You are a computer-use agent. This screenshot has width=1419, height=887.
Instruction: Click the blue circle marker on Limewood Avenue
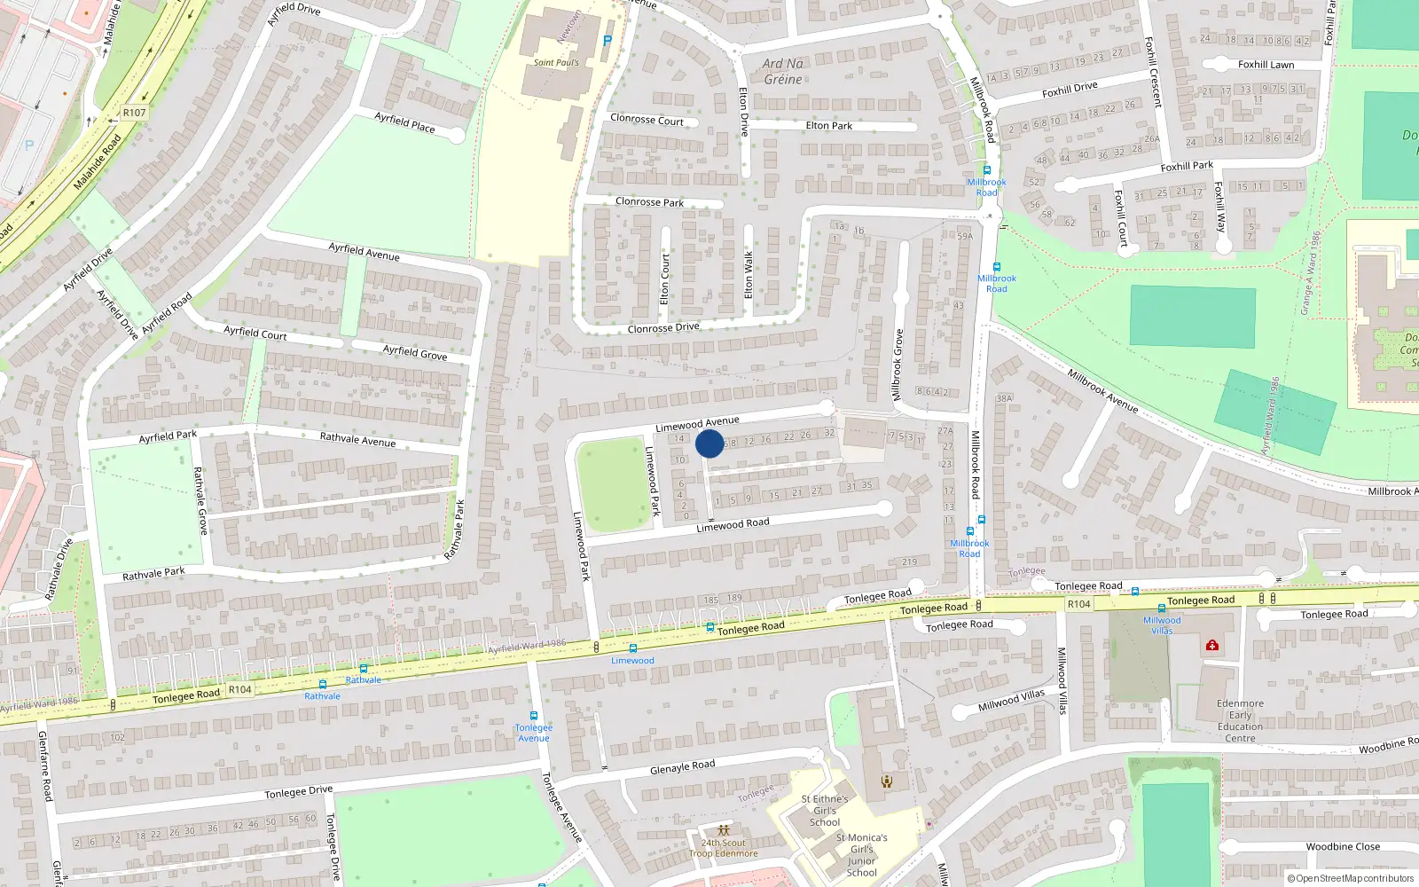click(709, 443)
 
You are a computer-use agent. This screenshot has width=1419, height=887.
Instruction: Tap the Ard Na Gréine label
click(782, 71)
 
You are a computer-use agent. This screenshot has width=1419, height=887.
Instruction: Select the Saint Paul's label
click(556, 63)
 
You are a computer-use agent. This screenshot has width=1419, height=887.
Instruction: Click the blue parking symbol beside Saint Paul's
click(608, 41)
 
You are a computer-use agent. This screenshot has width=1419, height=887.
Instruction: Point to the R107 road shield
click(134, 113)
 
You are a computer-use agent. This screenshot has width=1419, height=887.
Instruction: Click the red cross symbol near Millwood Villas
click(1212, 646)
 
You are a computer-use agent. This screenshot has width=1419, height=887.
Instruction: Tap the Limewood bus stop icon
click(632, 648)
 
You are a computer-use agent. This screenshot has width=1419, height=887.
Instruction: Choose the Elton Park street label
click(828, 126)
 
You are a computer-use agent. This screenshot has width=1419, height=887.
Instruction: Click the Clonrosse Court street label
click(647, 119)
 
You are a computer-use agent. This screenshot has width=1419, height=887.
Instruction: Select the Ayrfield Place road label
click(404, 122)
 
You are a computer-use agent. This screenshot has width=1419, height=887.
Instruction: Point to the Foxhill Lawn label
click(1266, 65)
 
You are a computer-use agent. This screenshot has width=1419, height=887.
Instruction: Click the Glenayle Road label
click(682, 767)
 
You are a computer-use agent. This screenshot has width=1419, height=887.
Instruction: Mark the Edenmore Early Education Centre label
click(1240, 721)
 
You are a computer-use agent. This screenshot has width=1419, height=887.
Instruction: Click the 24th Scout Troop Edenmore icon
click(724, 831)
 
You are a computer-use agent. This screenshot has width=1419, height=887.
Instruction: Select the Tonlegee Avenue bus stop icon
click(534, 716)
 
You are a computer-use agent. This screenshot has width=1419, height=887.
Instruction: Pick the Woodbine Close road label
click(1343, 847)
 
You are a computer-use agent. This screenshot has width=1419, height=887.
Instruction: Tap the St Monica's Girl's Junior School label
click(861, 855)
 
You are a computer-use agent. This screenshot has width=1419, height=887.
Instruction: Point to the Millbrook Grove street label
click(898, 365)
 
